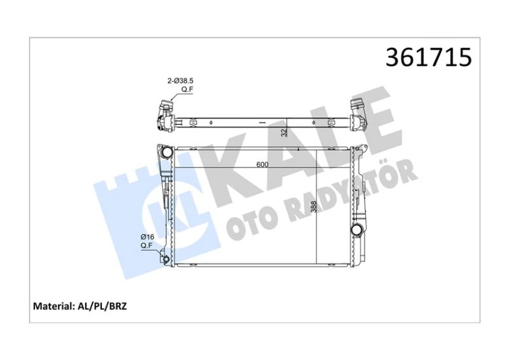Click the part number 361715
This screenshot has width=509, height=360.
pos(429,58)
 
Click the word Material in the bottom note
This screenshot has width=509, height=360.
pos(51,307)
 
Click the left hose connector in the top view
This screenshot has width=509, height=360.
pos(165,114)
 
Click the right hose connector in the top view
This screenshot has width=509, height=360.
pos(359,112)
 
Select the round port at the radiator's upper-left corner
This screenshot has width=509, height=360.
pos(167,153)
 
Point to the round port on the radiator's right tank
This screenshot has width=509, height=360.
pos(357,229)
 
